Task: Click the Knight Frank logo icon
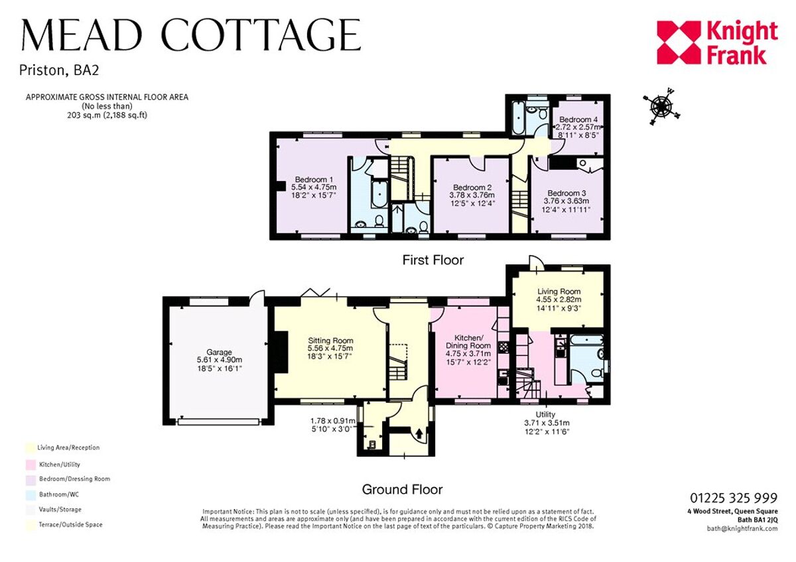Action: pos(679,43)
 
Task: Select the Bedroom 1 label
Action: pos(314,180)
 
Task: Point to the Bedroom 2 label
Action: pos(470,187)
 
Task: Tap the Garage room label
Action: pos(218,352)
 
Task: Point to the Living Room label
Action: pos(559,292)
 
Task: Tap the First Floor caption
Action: pos(433,260)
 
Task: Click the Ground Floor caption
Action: pos(402,490)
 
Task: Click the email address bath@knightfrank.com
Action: pos(742,528)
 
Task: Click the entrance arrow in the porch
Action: pos(419,435)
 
